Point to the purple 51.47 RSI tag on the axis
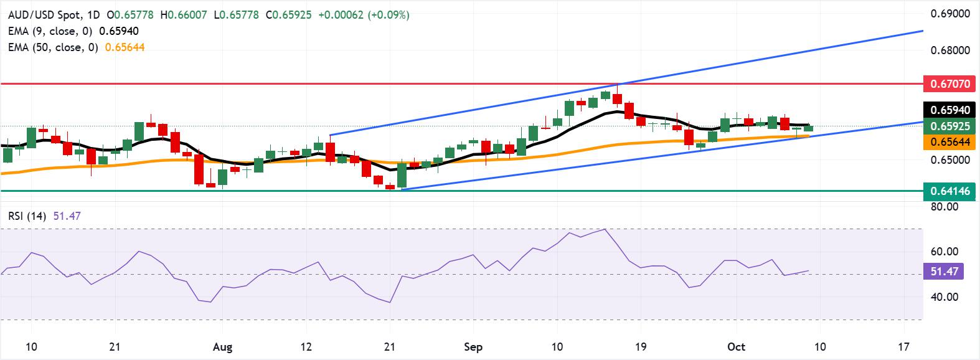[x=946, y=272]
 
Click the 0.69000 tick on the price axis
[x=951, y=13]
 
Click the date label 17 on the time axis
[x=903, y=347]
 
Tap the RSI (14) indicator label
[x=24, y=216]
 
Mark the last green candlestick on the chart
[x=808, y=128]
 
